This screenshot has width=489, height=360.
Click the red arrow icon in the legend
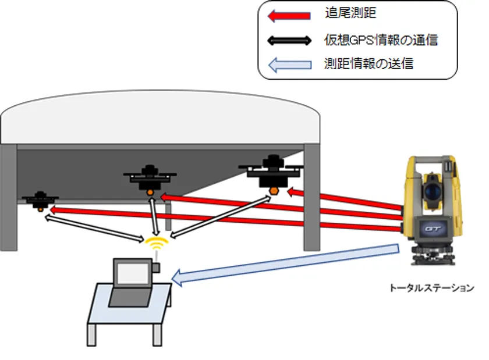click(x=287, y=16)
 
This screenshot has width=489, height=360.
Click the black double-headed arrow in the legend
click(x=287, y=41)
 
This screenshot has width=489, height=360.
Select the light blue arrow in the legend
click(x=287, y=64)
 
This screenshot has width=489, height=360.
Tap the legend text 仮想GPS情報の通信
click(x=381, y=40)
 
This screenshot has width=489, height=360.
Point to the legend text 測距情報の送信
click(x=368, y=64)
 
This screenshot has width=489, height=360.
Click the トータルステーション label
click(x=431, y=288)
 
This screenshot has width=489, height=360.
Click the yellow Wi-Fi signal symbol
click(x=156, y=241)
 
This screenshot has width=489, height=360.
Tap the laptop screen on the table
click(x=133, y=272)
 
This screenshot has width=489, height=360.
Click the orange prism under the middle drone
click(x=151, y=191)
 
